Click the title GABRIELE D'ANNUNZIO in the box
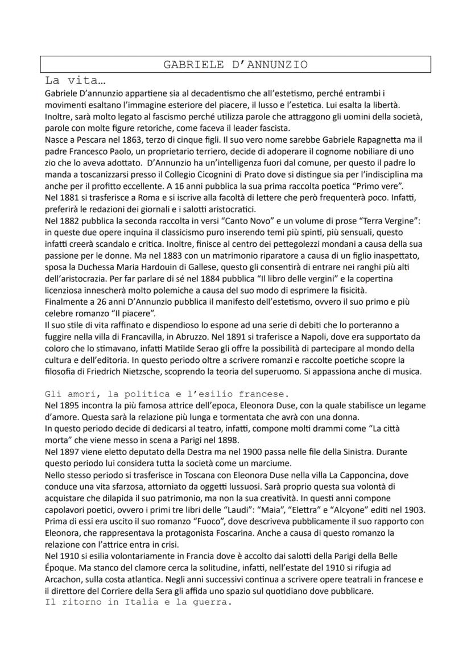235,64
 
